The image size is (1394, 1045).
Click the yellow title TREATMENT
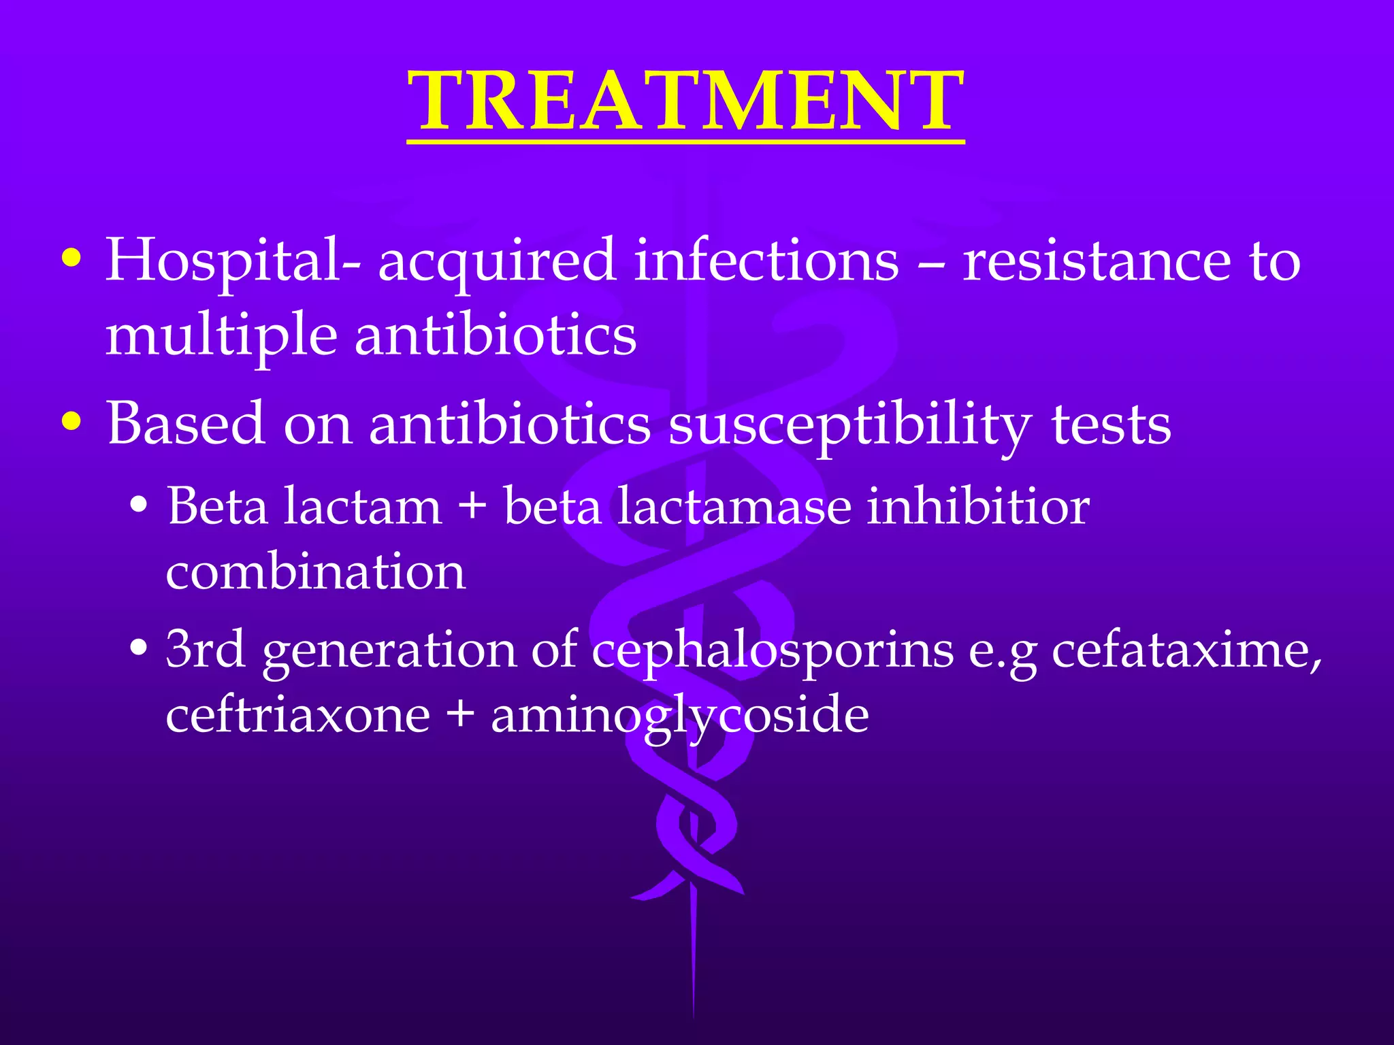685,102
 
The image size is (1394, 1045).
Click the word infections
766,261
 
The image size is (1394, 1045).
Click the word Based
185,423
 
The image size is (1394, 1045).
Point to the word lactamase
734,507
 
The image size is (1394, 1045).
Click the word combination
316,571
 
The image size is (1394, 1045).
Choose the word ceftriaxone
297,716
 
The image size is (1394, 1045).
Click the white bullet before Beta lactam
139,506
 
